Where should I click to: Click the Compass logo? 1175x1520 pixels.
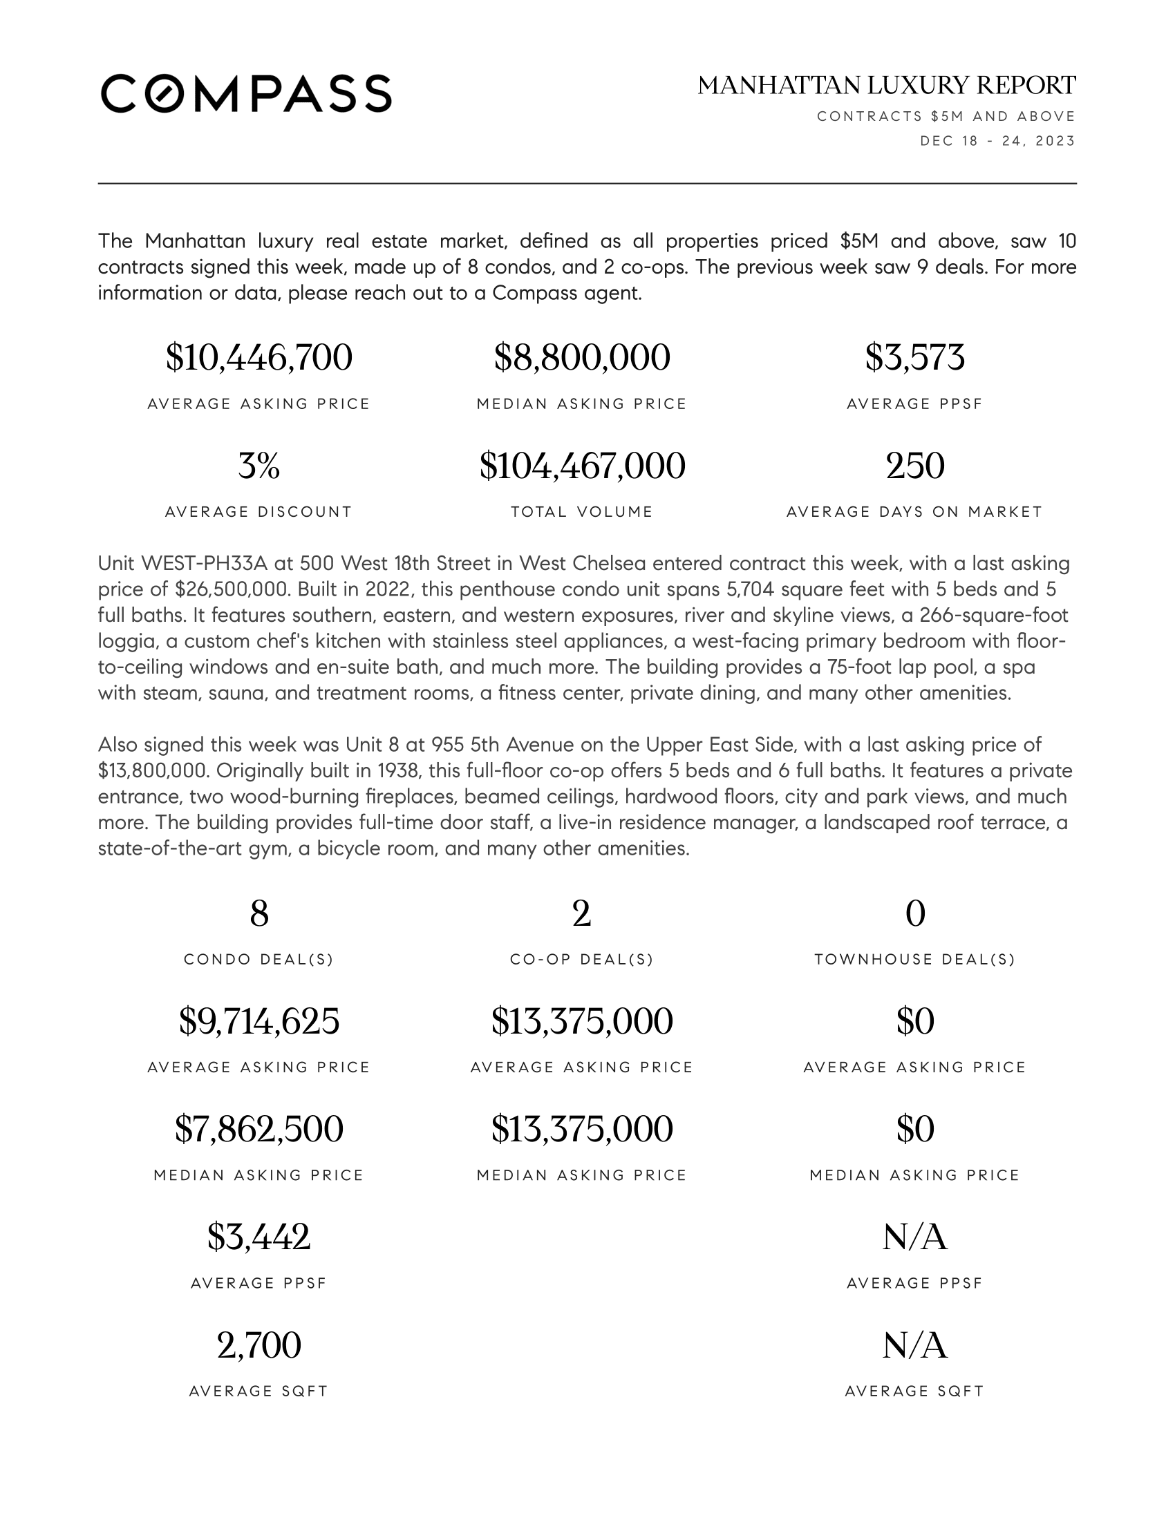(x=246, y=93)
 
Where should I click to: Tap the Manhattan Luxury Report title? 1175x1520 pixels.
(x=886, y=86)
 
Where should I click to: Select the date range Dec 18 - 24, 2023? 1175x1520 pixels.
(x=997, y=141)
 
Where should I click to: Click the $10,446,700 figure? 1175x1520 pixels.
(x=259, y=358)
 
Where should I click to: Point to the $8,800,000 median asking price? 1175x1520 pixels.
(x=582, y=358)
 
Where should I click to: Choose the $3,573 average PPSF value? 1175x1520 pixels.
(x=914, y=358)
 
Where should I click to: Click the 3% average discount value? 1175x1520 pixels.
(x=259, y=466)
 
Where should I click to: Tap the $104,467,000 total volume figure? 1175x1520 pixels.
(x=582, y=466)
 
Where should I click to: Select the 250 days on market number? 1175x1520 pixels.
(x=914, y=466)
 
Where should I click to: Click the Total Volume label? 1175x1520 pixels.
(x=582, y=512)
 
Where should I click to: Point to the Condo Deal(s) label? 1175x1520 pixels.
(x=259, y=960)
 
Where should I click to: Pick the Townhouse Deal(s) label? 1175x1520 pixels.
(x=914, y=960)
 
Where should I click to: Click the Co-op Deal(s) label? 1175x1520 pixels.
(x=582, y=960)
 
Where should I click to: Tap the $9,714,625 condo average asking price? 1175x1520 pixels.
(x=259, y=1021)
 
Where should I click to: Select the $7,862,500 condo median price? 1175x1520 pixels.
(x=259, y=1129)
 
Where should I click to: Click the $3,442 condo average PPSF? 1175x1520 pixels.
(x=259, y=1237)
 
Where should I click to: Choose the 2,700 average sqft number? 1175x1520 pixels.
(x=259, y=1345)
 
